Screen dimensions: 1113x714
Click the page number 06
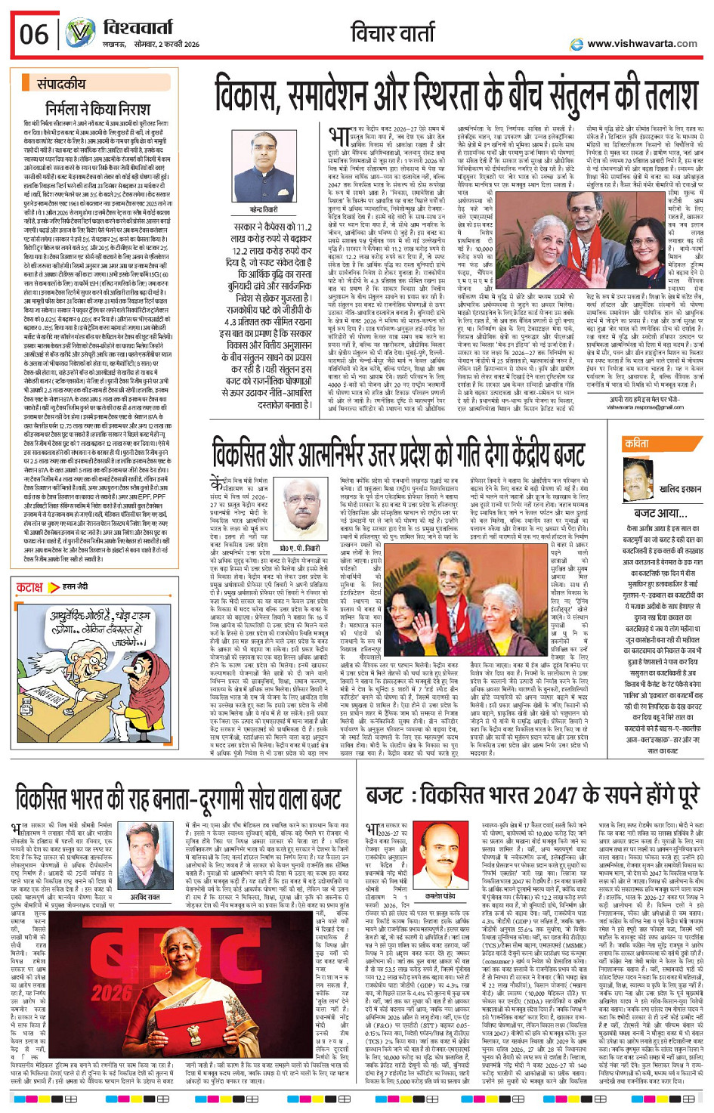(34, 34)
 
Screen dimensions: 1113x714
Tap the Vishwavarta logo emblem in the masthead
(79, 34)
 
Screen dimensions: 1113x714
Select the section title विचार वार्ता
(393, 32)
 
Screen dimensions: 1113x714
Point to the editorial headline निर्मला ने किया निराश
(97, 108)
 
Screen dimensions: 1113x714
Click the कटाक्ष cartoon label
(29, 587)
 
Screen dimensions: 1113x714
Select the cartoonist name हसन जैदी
(76, 587)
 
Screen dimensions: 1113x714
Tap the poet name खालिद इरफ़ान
(680, 490)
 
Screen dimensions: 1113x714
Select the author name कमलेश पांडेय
(440, 895)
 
